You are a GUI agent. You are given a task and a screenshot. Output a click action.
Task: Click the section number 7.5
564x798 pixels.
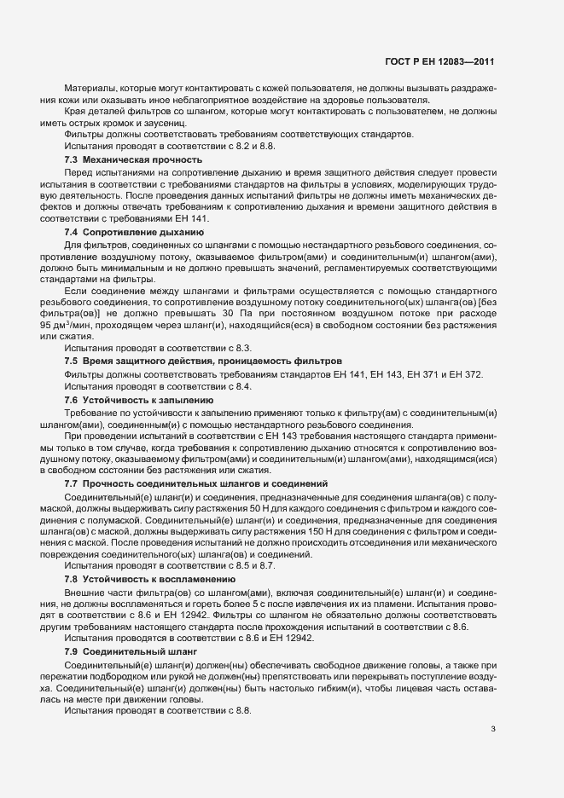[72, 361]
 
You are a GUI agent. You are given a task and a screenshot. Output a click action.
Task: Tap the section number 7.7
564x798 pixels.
[72, 483]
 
